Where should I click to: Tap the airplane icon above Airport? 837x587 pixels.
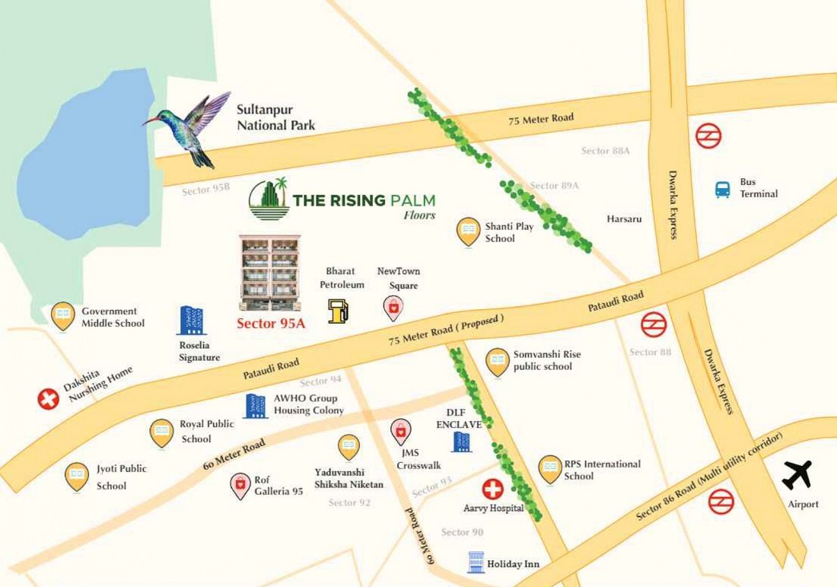[797, 476]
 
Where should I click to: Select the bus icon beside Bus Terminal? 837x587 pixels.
[722, 189]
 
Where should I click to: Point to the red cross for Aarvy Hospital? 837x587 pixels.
[492, 489]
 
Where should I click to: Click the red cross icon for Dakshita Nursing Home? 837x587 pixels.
[49, 398]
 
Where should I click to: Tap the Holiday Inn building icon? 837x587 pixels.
[476, 563]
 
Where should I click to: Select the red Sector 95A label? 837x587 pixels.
[271, 323]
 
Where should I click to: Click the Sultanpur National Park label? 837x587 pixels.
[275, 118]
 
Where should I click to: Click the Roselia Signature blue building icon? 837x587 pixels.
[189, 321]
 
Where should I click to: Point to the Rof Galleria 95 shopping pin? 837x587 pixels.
[240, 485]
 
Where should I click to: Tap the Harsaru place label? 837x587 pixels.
[624, 219]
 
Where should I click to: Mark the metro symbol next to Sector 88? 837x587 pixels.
[653, 325]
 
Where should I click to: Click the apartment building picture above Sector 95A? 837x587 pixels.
[269, 272]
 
